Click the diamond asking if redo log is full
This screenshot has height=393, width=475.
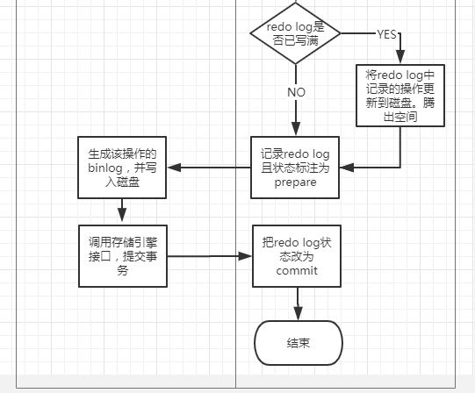point(296,34)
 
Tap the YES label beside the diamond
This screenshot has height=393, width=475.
point(386,34)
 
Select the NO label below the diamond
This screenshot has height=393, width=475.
point(296,90)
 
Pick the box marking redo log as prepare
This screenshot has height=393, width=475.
point(295,167)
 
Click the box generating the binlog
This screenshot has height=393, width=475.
point(122,167)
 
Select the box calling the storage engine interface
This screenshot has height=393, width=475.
point(122,255)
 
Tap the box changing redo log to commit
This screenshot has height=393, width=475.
point(296,254)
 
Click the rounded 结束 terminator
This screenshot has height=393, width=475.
point(297,342)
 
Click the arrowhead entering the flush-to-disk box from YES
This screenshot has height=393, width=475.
point(400,57)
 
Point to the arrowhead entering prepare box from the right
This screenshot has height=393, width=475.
point(346,167)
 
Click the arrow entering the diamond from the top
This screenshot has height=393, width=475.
point(296,4)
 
